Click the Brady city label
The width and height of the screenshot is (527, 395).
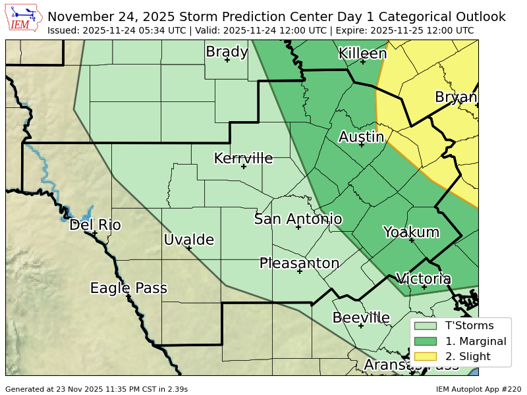[227, 51]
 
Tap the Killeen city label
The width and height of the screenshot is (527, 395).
[362, 53]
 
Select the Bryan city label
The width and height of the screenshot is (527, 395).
[456, 97]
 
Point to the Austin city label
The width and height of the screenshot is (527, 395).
[361, 137]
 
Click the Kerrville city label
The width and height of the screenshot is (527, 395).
[243, 158]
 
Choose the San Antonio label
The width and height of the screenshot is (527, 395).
[298, 219]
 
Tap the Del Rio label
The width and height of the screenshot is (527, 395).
[95, 225]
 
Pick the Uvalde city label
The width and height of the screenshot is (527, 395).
[189, 240]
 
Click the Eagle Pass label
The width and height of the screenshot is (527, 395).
[128, 288]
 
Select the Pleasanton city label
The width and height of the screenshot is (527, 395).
[299, 263]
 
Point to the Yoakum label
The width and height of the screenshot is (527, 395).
[411, 232]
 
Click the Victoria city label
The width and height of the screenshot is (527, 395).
[424, 278]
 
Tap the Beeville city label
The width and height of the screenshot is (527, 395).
[361, 318]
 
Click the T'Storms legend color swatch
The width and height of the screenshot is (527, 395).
[426, 325]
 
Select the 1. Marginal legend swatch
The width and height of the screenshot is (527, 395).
[426, 341]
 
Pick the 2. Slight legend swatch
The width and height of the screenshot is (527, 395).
[426, 357]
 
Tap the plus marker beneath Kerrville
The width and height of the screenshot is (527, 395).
[244, 167]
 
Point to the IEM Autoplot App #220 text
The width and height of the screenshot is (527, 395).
[478, 389]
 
